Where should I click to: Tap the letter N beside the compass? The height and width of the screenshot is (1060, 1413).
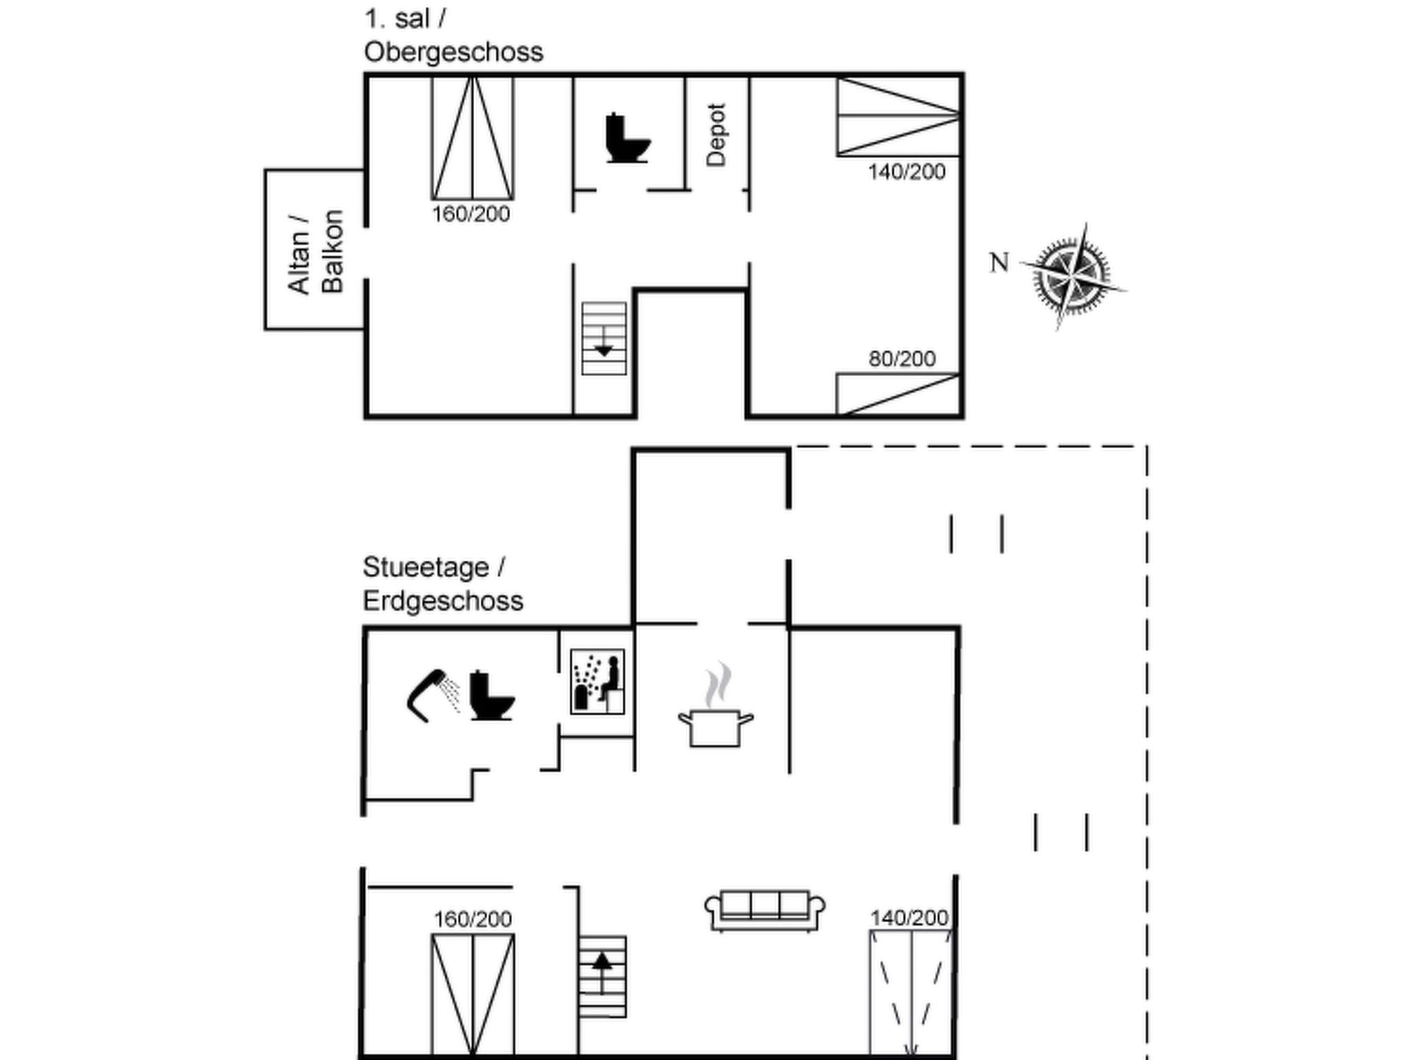click(999, 263)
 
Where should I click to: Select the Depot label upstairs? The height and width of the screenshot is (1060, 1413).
click(717, 135)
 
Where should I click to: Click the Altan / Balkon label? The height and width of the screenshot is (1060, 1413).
click(315, 252)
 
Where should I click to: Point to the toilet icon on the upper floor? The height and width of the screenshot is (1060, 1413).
click(627, 138)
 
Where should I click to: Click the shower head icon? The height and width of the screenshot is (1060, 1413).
click(433, 695)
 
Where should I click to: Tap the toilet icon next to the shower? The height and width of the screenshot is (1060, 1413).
click(492, 695)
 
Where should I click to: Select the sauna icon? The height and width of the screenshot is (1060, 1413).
click(597, 681)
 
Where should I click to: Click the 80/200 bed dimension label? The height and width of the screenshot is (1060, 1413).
click(902, 359)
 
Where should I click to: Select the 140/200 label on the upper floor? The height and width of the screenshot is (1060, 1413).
click(907, 172)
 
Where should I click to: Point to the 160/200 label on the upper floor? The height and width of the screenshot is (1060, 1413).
click(471, 214)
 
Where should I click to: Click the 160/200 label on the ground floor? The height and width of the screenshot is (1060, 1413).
click(473, 919)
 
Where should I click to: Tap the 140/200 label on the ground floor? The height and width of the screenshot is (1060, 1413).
click(909, 918)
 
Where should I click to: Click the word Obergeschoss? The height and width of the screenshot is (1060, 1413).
click(453, 52)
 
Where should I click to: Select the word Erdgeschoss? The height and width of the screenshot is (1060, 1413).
click(443, 601)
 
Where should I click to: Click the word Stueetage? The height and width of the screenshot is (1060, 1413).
click(426, 567)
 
